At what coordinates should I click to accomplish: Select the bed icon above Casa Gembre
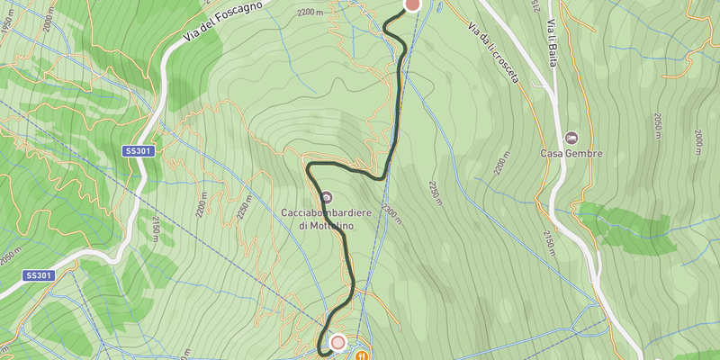pyautogui.click(x=571, y=138)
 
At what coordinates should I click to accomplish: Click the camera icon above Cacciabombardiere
pyautogui.click(x=326, y=197)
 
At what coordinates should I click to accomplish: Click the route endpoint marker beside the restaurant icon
pyautogui.click(x=338, y=342)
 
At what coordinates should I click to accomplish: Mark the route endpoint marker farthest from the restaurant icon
pyautogui.click(x=412, y=4)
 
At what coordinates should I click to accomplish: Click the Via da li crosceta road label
pyautogui.click(x=493, y=52)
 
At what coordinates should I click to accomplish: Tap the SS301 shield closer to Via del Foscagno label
pyautogui.click(x=139, y=152)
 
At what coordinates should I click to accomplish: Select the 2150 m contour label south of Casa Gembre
pyautogui.click(x=547, y=241)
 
